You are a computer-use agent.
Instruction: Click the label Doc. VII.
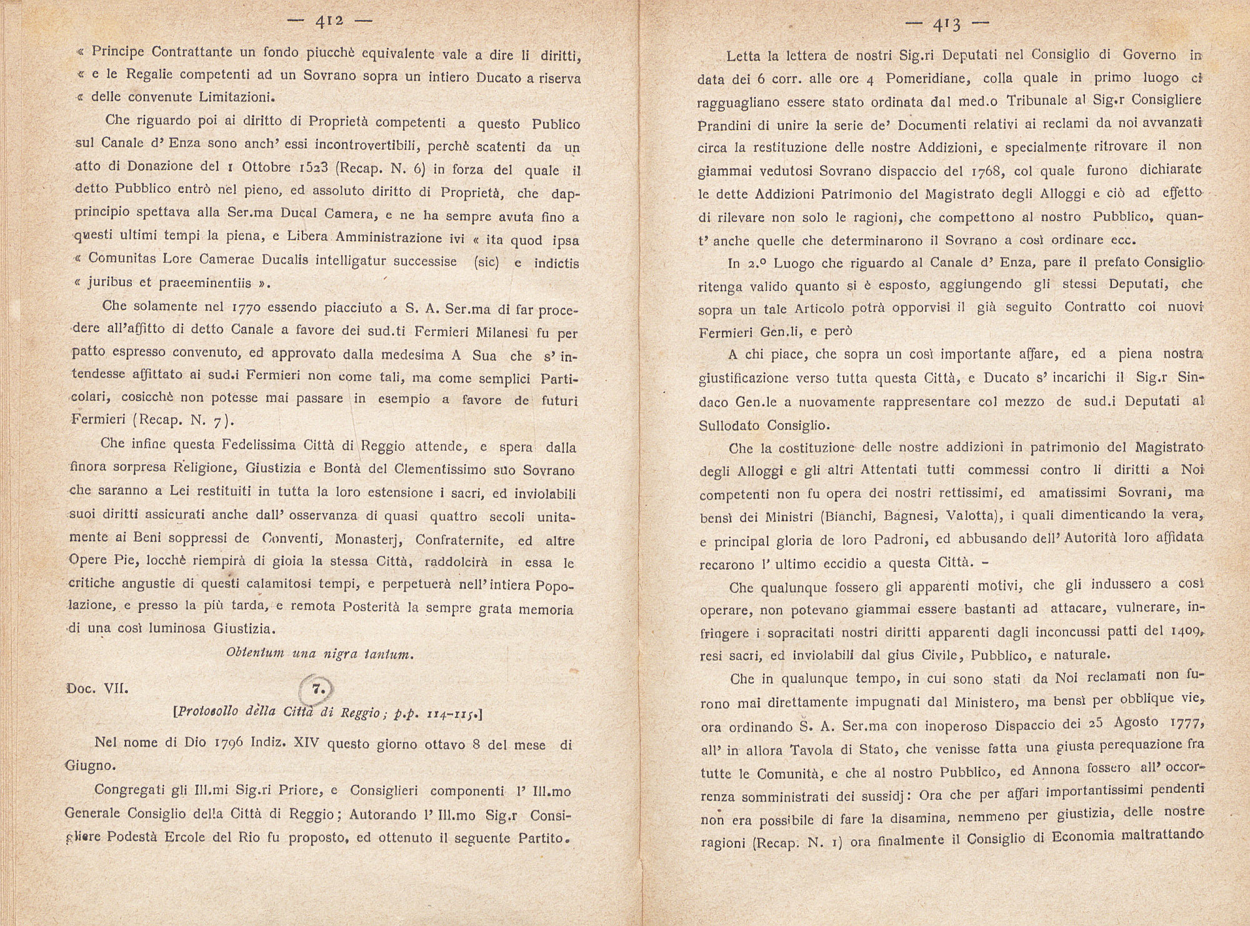[97, 689]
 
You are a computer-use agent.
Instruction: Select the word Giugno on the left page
[91, 765]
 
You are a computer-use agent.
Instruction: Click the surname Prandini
[722, 124]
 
